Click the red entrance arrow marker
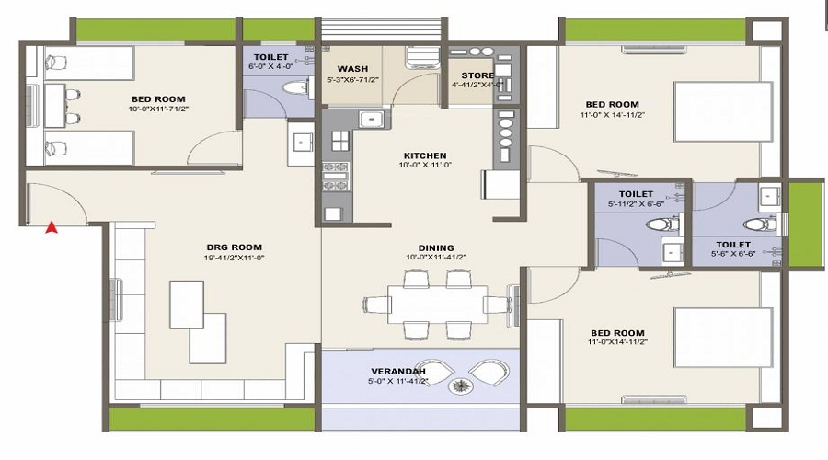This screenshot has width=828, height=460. (x=52, y=226)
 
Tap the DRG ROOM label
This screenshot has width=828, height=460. (x=234, y=247)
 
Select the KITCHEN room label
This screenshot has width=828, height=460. (x=423, y=155)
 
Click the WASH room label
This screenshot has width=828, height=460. (x=352, y=69)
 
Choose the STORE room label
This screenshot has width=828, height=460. (x=477, y=75)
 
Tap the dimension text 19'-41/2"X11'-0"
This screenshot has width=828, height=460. (x=234, y=258)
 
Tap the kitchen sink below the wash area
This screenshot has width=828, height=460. (x=370, y=119)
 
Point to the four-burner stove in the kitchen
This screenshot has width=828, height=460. (x=335, y=174)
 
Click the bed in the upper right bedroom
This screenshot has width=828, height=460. (x=719, y=111)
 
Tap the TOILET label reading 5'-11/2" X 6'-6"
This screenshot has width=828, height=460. (x=637, y=194)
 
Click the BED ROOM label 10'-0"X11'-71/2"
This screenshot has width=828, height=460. (x=159, y=99)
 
